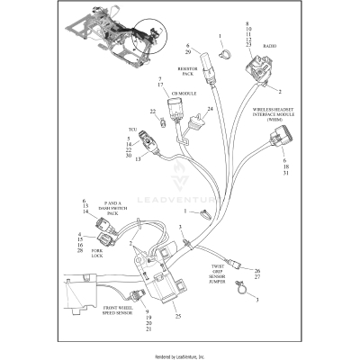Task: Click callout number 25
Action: (177, 316)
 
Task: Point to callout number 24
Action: (210, 109)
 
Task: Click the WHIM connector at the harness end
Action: (289, 139)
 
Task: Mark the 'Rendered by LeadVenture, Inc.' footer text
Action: (180, 355)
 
